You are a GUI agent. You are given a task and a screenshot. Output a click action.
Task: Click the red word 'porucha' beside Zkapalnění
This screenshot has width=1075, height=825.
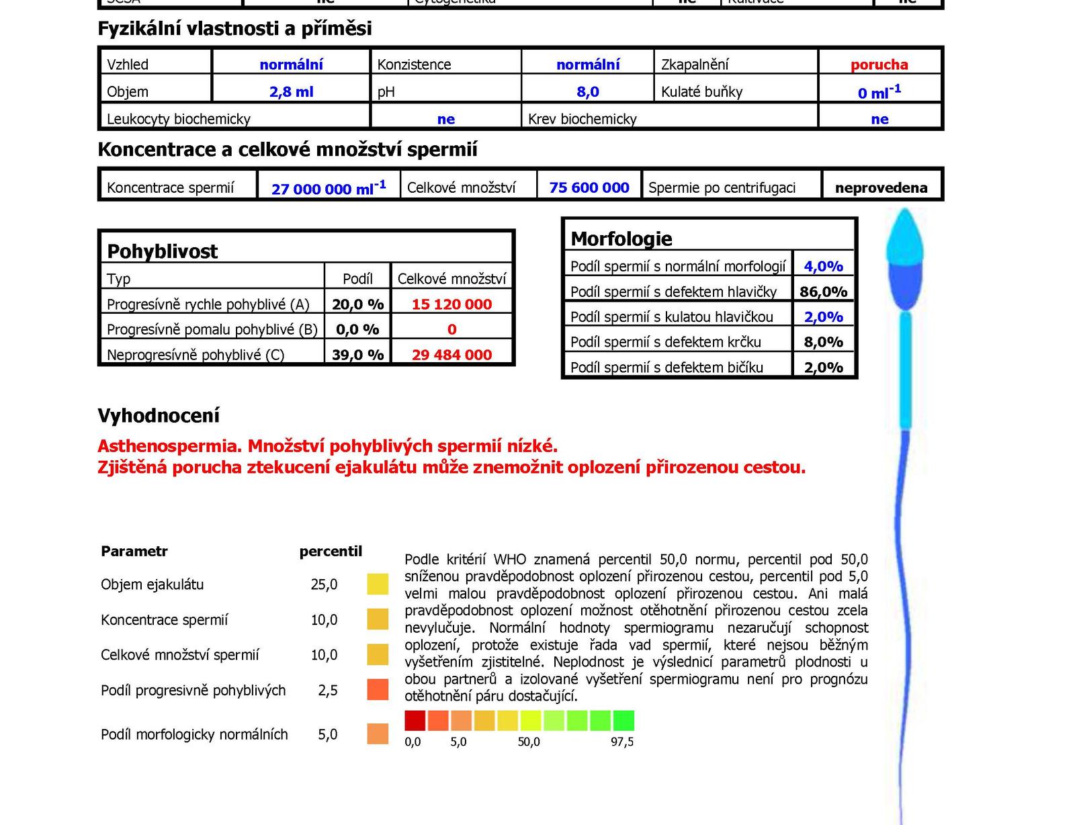(x=879, y=64)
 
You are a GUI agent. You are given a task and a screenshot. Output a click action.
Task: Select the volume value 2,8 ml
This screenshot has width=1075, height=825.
(x=291, y=91)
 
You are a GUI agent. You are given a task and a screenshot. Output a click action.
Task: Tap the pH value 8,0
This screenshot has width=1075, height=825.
(x=587, y=91)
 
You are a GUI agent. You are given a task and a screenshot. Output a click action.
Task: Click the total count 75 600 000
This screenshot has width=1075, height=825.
(x=589, y=187)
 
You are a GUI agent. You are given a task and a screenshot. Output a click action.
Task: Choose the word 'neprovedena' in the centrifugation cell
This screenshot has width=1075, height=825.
(x=881, y=188)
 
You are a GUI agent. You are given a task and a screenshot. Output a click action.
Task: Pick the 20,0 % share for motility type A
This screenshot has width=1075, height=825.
(x=357, y=304)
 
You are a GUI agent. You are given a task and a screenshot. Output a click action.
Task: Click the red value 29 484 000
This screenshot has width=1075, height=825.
(x=451, y=355)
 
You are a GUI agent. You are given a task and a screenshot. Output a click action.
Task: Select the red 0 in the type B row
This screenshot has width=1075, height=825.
(x=451, y=329)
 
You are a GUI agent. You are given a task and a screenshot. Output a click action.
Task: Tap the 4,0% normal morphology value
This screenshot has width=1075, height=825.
(x=823, y=266)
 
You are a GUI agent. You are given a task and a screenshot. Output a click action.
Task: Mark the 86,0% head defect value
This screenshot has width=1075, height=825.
(x=823, y=292)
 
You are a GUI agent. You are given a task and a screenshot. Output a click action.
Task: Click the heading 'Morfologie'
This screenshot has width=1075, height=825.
(x=621, y=238)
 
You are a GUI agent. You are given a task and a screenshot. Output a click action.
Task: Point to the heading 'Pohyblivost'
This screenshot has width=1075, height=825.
(x=162, y=251)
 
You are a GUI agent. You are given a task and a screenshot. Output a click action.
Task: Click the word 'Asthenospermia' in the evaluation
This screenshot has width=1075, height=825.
(x=169, y=446)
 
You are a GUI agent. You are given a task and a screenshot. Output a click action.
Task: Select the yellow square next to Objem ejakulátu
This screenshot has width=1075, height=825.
(x=378, y=584)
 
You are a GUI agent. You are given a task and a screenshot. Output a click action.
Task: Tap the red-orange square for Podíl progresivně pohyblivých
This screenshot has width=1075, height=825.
(x=378, y=690)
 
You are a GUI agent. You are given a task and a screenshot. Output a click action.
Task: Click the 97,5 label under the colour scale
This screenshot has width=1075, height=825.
(x=621, y=742)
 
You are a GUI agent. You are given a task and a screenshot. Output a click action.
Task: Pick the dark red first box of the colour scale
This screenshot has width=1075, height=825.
(x=415, y=721)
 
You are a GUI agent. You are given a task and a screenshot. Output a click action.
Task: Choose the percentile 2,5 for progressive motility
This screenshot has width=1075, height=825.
(x=327, y=690)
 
